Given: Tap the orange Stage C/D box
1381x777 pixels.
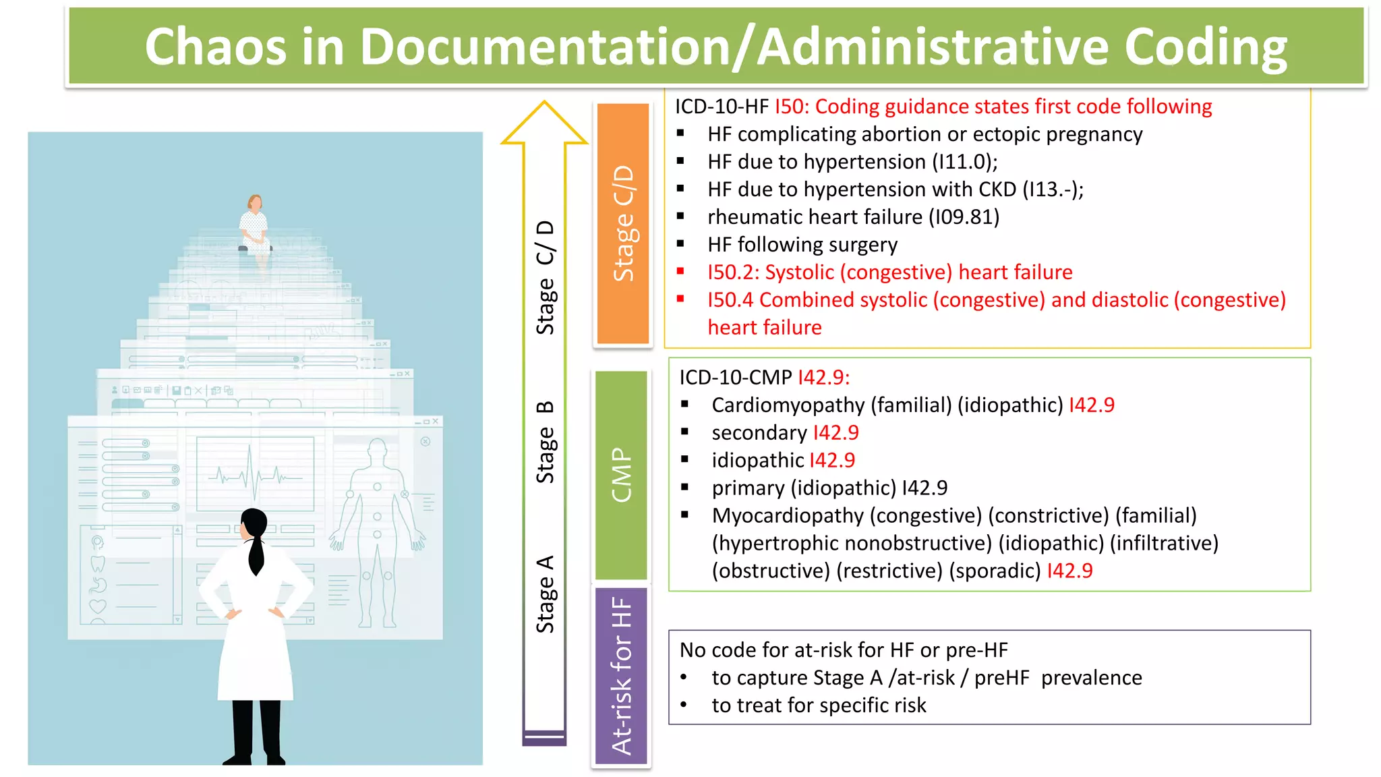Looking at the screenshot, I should coord(623,223).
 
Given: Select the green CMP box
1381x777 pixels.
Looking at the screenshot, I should coord(621,475).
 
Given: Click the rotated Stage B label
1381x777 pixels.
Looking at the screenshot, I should coord(545,442).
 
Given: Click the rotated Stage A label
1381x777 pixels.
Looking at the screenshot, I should coord(545,594).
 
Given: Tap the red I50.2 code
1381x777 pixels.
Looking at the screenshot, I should coord(732,272).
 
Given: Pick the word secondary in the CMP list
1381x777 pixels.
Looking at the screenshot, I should coord(759,433).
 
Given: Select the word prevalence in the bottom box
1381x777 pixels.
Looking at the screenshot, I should coord(1091,678).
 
